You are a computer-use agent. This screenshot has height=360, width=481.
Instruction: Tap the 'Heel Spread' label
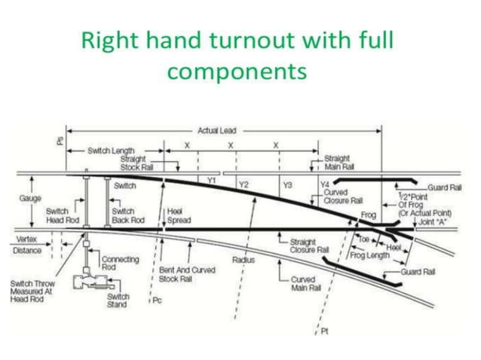[179, 216]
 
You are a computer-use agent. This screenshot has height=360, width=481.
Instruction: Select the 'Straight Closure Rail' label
[310, 246]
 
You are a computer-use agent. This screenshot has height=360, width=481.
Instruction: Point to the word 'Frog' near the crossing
[368, 215]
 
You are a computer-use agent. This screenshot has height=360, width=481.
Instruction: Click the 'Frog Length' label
[370, 255]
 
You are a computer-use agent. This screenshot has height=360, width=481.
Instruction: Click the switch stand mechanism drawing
[89, 282]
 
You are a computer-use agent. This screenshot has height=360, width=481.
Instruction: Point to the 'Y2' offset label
[244, 184]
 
